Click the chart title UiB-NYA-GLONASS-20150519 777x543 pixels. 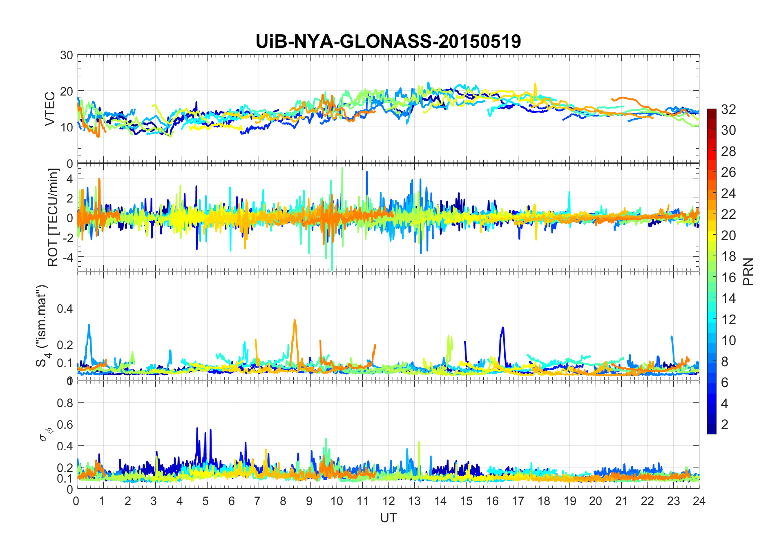tap(388, 42)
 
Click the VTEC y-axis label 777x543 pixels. tap(50, 109)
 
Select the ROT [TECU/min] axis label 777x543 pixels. tap(53, 217)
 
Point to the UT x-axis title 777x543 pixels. tap(388, 518)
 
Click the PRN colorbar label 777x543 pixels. tap(748, 271)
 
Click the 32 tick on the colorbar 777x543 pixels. tap(728, 109)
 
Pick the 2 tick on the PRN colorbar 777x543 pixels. tap(725, 425)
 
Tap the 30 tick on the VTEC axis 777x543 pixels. tap(67, 56)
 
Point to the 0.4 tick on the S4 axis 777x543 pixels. tap(65, 309)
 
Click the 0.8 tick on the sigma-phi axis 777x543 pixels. tap(65, 403)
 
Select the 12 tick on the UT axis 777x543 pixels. tap(388, 501)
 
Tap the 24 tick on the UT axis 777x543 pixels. tap(699, 501)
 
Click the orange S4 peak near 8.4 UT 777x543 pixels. tap(295, 320)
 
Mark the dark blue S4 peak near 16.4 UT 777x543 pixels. tap(503, 327)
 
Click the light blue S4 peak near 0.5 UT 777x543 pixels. tap(89, 325)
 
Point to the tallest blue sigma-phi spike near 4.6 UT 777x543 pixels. tap(197, 428)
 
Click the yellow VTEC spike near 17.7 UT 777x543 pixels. tap(535, 84)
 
